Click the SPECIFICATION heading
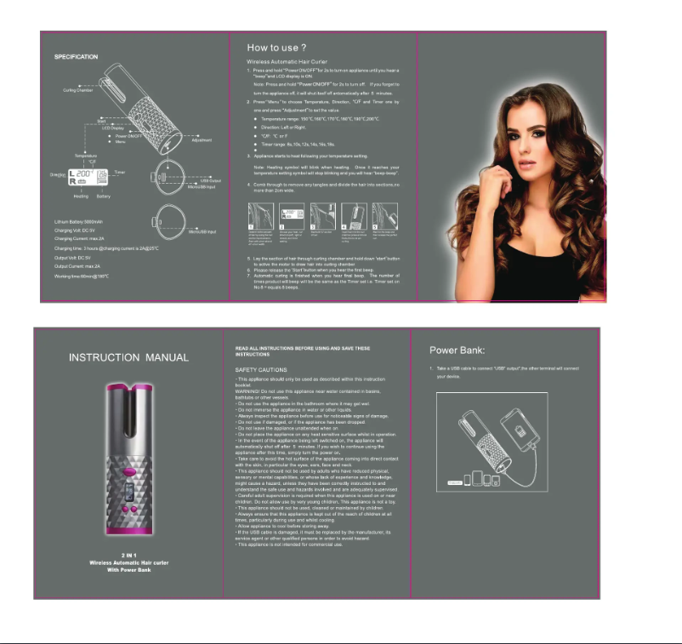(x=77, y=56)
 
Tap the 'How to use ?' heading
(x=277, y=48)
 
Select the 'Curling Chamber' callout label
(x=77, y=89)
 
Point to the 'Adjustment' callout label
(x=202, y=140)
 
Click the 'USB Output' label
(x=210, y=180)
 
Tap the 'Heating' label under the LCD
(x=81, y=196)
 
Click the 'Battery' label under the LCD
(x=103, y=196)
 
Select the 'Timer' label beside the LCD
(x=119, y=172)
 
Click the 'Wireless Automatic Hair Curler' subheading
(x=287, y=62)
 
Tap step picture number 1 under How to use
(x=263, y=219)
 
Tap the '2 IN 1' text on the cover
(x=119, y=555)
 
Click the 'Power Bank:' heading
(x=457, y=350)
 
